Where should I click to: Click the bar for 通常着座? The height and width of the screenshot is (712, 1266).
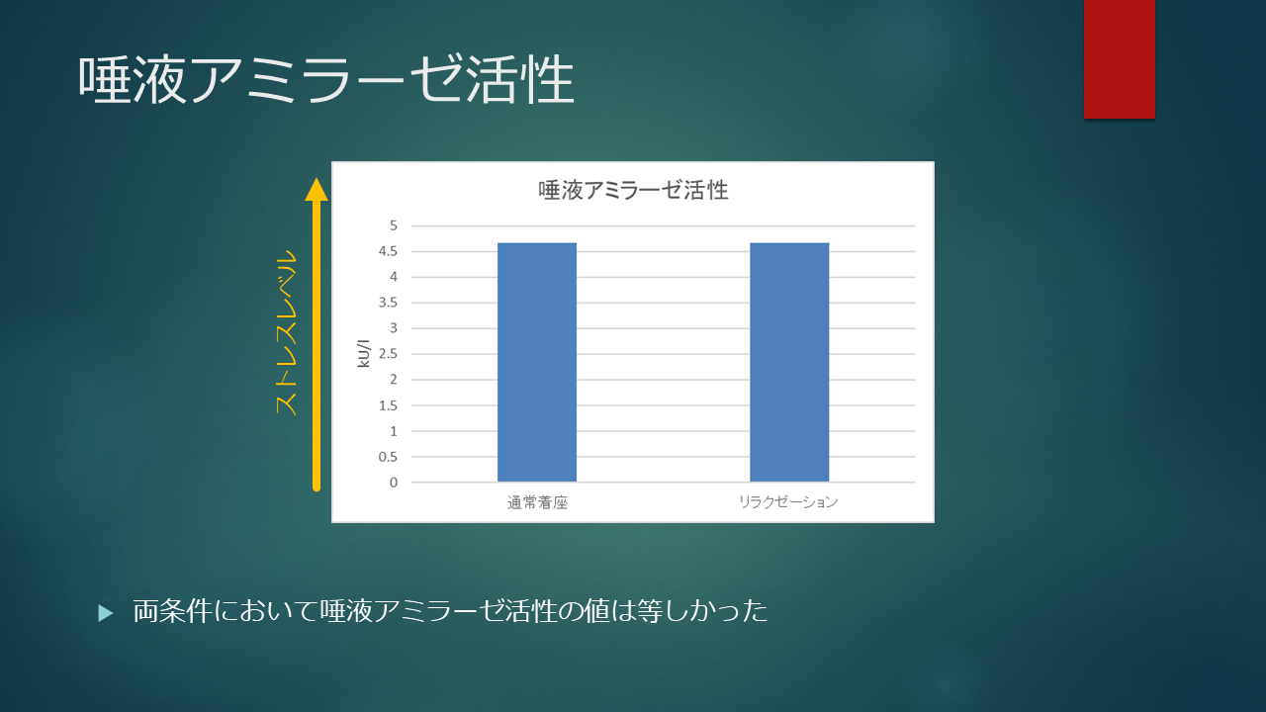[537, 362]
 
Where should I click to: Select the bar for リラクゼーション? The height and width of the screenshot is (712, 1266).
[789, 362]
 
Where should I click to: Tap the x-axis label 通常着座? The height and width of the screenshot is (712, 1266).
[537, 502]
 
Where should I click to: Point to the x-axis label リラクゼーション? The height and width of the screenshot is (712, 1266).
[788, 501]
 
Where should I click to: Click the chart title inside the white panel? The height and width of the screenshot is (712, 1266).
[633, 190]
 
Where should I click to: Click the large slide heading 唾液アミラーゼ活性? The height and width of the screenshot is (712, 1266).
[326, 80]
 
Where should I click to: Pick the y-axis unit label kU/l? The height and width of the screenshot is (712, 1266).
[364, 354]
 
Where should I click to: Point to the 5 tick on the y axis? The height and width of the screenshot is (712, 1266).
[394, 225]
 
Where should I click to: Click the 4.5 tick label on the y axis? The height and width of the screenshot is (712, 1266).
[389, 251]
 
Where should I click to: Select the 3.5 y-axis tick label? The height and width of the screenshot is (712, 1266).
[389, 303]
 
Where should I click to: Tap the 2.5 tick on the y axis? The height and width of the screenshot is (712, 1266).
[389, 354]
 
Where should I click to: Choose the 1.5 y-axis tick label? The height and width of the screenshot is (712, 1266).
[389, 405]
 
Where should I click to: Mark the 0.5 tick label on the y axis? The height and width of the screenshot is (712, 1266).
[389, 457]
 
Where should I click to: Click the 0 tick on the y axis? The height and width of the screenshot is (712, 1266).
[394, 483]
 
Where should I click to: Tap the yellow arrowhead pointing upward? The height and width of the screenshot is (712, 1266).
[316, 190]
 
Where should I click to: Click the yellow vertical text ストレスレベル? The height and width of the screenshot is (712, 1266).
[286, 332]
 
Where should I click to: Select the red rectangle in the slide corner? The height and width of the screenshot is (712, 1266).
[1120, 58]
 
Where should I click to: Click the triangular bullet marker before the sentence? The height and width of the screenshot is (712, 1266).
[106, 613]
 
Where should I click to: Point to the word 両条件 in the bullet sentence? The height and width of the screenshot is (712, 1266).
[172, 611]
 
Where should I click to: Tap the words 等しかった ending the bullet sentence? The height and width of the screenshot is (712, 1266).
[702, 611]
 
